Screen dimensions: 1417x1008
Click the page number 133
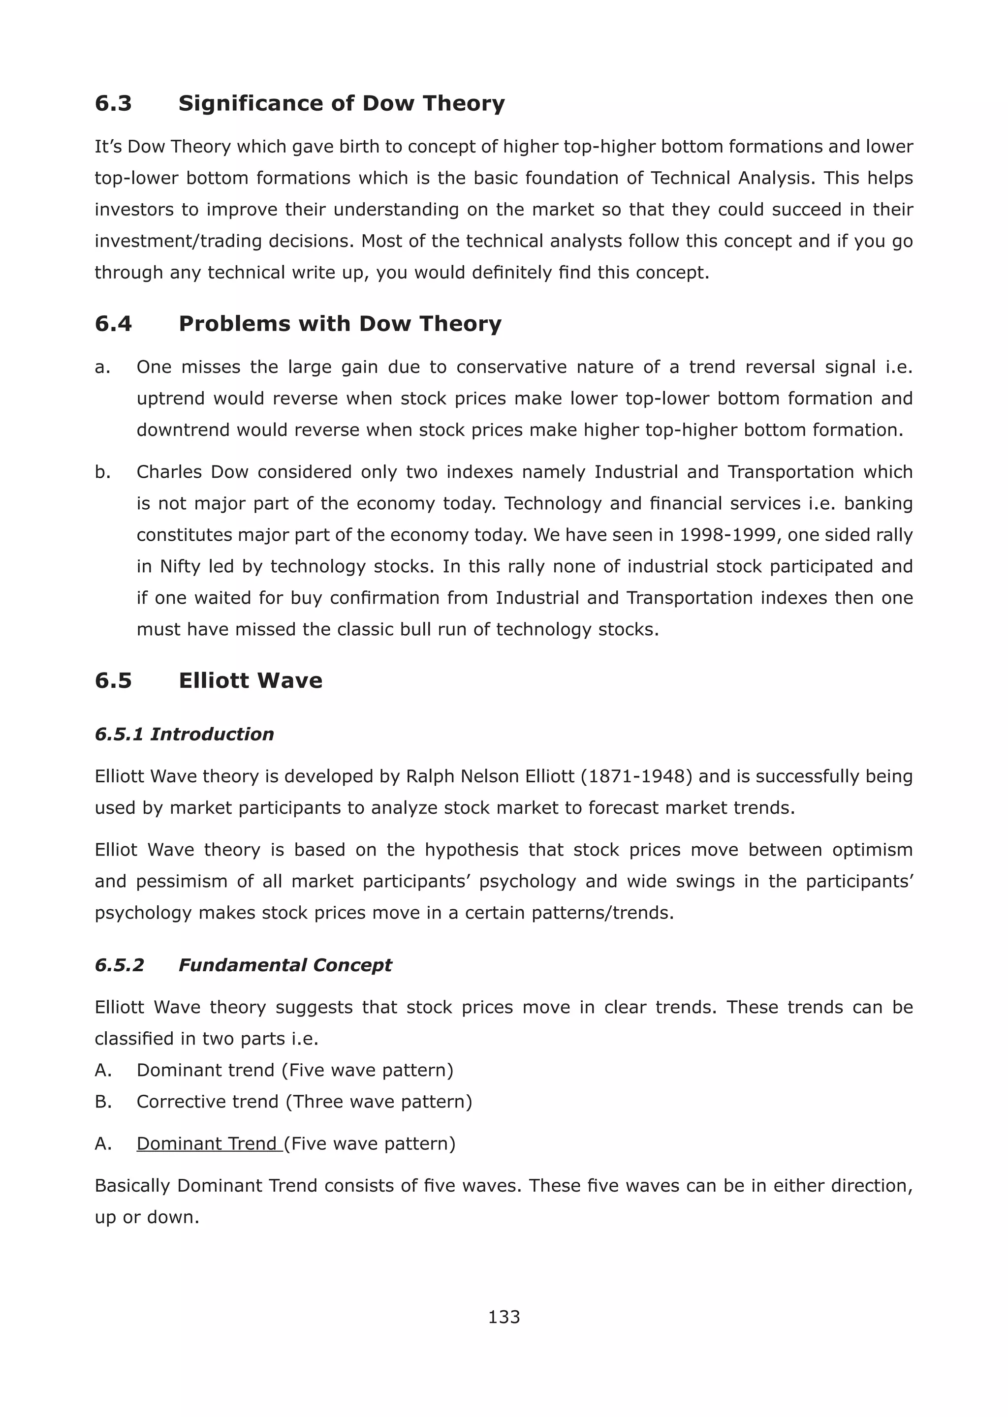click(x=504, y=1317)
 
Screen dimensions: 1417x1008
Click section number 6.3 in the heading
click(x=113, y=103)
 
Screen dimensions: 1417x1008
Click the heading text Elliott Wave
click(x=250, y=680)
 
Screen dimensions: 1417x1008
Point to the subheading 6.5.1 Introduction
click(x=184, y=734)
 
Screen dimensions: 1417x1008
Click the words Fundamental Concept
click(x=285, y=965)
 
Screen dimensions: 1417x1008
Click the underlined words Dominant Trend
click(x=209, y=1143)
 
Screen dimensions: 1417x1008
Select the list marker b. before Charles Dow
click(x=102, y=472)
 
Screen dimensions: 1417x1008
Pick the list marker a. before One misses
click(x=102, y=367)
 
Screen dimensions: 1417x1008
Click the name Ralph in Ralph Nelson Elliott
click(x=428, y=776)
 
